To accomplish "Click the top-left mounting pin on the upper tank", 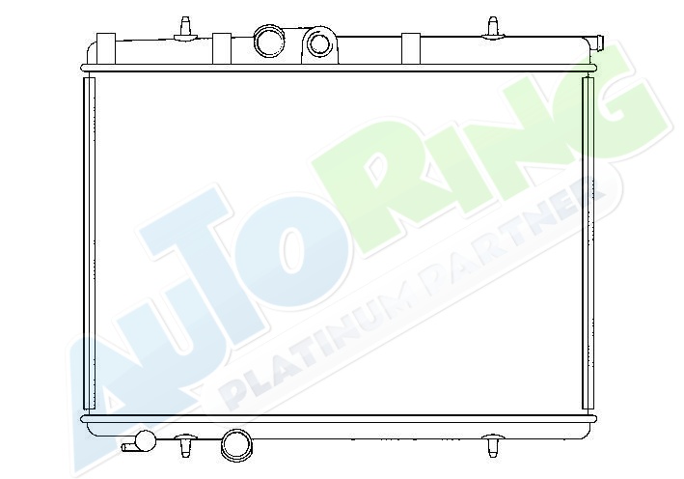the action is coord(185,29).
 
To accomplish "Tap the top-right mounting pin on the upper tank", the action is coord(492,28).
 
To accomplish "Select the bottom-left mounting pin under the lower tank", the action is coord(186,445).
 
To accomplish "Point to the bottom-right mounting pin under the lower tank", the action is coord(492,445).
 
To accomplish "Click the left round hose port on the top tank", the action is coord(269,42).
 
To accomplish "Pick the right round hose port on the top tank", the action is coord(319,44).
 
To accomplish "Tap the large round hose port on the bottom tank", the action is coord(236,445).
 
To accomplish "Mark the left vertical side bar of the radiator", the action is coord(89,242).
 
